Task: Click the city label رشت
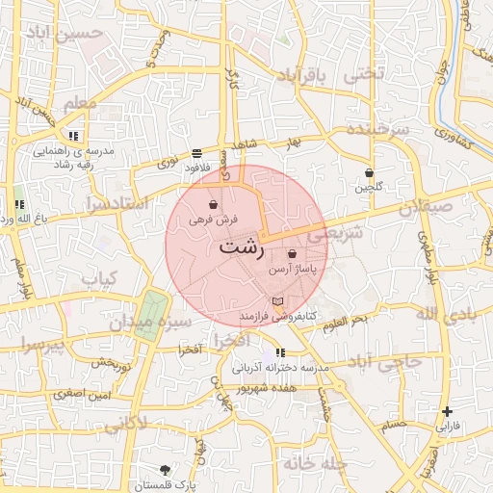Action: pos(241,247)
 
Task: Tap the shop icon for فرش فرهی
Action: pos(212,204)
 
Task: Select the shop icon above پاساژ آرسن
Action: pos(292,254)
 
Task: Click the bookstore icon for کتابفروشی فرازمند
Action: pos(278,302)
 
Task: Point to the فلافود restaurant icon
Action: pos(197,152)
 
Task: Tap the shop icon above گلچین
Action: pos(369,172)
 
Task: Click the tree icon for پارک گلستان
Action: pos(166,470)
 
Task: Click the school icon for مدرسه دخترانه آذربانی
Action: pos(280,353)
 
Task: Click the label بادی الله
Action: pos(444,314)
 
